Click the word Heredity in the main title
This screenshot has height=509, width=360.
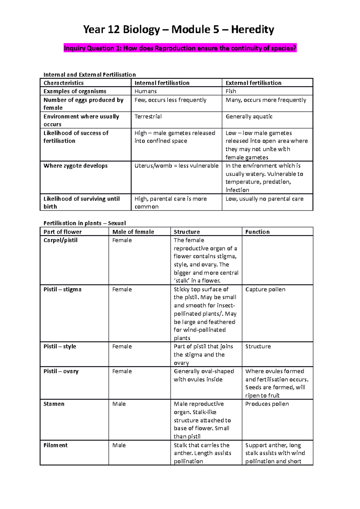coord(252,30)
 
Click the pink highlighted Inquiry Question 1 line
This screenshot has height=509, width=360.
coord(180,48)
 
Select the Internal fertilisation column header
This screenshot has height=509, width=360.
coord(162,83)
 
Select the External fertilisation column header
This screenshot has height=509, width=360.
coord(253,83)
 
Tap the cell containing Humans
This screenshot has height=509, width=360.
coord(145,91)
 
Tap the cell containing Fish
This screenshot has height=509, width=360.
coord(231,91)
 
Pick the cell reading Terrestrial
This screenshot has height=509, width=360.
coord(148,116)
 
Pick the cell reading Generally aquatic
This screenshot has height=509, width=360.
coord(249,116)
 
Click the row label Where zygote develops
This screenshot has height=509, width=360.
coord(75,166)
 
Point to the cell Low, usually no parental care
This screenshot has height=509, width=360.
coord(264,199)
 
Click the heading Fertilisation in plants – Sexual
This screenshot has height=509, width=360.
coord(85,223)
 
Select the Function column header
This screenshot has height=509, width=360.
coord(257,232)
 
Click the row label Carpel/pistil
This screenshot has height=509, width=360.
coord(60,240)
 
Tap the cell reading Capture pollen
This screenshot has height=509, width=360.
coord(265,289)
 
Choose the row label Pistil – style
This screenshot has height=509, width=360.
coord(60,346)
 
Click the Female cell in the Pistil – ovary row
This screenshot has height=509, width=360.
coord(122,371)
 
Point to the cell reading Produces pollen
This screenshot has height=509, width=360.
coord(267,404)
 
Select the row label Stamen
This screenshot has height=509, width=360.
coord(54,404)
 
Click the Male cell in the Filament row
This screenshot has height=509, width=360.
coord(119,445)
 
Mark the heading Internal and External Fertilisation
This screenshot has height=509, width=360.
coord(89,75)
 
